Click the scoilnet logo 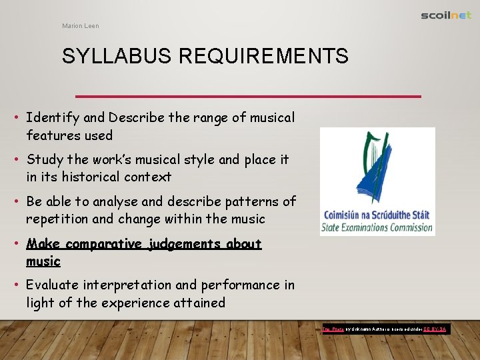click(x=446, y=15)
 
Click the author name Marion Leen click(x=81, y=26)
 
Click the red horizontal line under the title click(x=248, y=97)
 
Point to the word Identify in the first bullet click(x=53, y=118)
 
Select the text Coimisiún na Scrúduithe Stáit click(x=377, y=216)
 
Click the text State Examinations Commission click(x=377, y=227)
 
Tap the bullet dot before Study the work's click(x=16, y=160)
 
